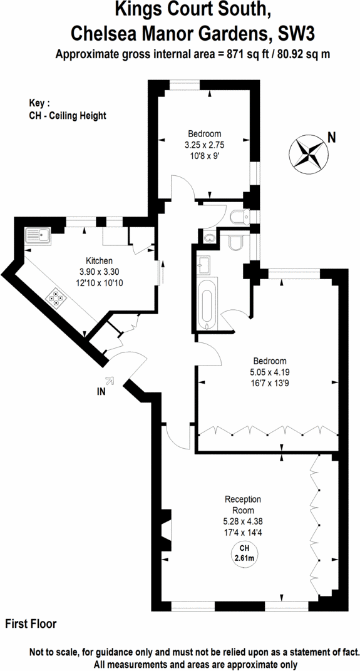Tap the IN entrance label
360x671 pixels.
point(101,392)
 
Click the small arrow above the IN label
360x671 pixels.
point(110,379)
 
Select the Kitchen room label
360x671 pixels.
point(99,260)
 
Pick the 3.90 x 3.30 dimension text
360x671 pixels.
point(99,272)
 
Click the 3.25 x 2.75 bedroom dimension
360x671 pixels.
point(204,145)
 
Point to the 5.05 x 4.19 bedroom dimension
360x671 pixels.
point(269,372)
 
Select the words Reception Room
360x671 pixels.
point(242,505)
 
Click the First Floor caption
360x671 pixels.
point(31,623)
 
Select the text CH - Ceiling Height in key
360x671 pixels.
point(68,115)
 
